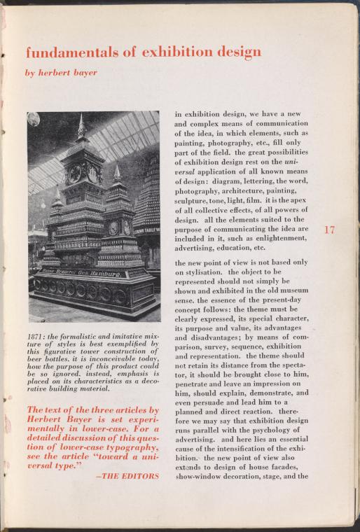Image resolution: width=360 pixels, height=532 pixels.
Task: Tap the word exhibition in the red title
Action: (x=176, y=52)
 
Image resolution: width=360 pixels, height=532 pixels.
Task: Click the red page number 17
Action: (x=330, y=229)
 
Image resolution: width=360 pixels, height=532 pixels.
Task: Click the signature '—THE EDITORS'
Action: (x=127, y=475)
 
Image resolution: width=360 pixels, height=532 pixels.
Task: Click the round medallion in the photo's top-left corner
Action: (x=34, y=119)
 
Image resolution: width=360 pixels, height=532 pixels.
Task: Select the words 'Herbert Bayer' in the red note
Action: (x=62, y=421)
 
